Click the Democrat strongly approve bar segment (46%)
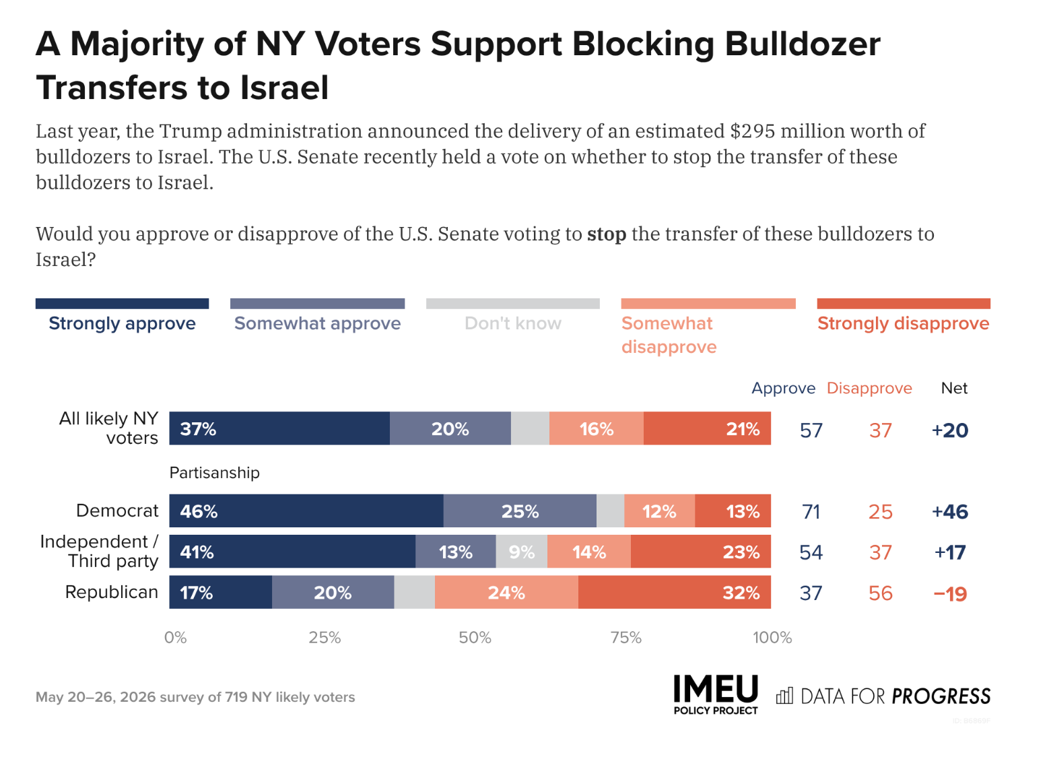point(306,511)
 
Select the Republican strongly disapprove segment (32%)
point(675,592)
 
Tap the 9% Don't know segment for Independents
point(522,552)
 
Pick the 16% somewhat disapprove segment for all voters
point(596,428)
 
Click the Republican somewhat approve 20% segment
point(333,592)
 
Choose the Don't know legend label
point(513,323)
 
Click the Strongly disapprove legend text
point(904,323)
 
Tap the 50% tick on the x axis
point(475,638)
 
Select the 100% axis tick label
point(772,638)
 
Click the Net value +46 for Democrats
point(950,512)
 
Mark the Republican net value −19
point(950,594)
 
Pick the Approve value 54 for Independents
point(811,553)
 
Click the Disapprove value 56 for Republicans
point(881,593)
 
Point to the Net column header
point(954,388)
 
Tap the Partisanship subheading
point(215,473)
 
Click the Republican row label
point(112,592)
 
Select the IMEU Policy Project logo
point(716,695)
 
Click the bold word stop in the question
point(607,234)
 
